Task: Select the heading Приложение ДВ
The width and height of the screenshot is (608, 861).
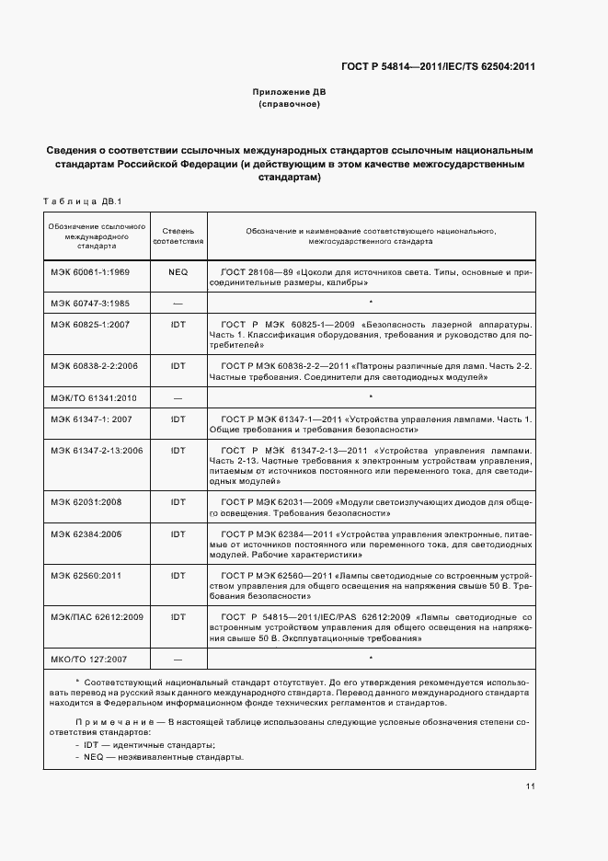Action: (x=289, y=93)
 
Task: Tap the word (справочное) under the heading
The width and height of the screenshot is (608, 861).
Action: (x=289, y=105)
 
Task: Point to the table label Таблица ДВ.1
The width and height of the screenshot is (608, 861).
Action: (x=83, y=201)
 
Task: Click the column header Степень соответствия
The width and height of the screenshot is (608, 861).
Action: (x=178, y=235)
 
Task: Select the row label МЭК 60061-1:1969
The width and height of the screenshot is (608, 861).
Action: (x=90, y=273)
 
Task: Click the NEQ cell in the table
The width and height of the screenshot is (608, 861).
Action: (x=178, y=273)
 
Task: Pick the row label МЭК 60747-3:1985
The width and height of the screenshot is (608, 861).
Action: (x=90, y=302)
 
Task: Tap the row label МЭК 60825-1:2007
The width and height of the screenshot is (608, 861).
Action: (x=90, y=325)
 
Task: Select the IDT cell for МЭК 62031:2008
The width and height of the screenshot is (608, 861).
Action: (x=178, y=502)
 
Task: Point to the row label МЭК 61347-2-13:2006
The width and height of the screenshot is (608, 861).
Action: (x=97, y=450)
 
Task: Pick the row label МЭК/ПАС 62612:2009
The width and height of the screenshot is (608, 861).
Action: (x=95, y=616)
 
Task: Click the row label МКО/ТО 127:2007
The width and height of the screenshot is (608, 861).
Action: (x=89, y=659)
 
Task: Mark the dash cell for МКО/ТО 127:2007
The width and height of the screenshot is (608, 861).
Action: (x=178, y=659)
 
